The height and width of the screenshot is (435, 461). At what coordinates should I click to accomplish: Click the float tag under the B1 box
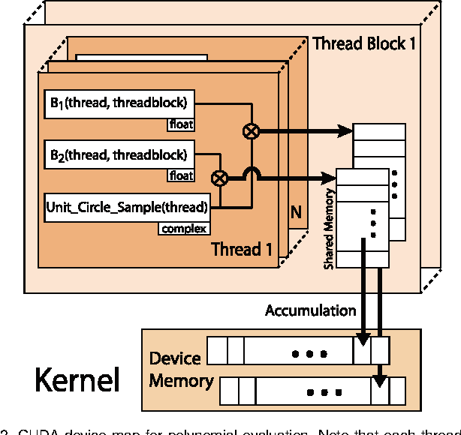180,123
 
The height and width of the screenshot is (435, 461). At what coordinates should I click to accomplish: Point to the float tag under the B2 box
180,175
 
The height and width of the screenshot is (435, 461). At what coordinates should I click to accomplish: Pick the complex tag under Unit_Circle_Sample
183,228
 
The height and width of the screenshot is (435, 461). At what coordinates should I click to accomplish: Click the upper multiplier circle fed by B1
249,132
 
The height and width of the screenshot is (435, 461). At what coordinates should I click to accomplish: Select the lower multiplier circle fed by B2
219,178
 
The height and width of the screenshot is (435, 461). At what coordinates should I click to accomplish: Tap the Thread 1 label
241,248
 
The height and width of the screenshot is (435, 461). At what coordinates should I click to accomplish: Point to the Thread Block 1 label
364,43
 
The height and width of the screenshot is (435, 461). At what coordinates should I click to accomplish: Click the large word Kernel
77,380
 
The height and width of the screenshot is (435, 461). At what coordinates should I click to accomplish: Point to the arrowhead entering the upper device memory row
362,341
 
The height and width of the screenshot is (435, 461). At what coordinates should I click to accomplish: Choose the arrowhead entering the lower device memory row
381,381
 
